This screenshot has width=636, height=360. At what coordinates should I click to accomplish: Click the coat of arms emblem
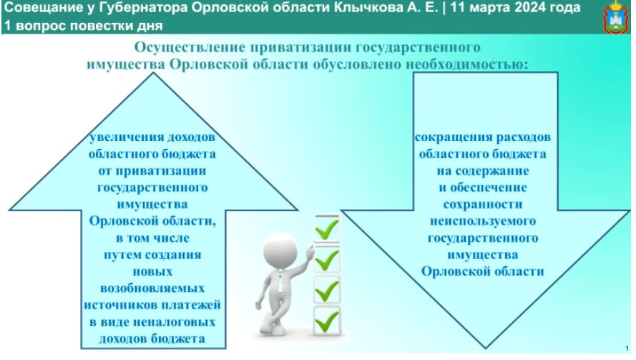(x=616, y=17)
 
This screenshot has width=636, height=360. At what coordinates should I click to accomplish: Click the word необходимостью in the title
(x=467, y=64)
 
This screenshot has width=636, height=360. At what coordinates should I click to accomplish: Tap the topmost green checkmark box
(x=327, y=228)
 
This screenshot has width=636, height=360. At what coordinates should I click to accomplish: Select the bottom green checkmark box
(x=327, y=321)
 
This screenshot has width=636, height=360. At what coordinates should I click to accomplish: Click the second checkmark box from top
(x=327, y=259)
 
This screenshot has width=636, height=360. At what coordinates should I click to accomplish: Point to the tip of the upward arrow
(x=153, y=73)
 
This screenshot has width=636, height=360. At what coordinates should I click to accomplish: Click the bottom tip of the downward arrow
(x=485, y=348)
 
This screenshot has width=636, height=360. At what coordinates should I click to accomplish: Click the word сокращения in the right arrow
(x=447, y=137)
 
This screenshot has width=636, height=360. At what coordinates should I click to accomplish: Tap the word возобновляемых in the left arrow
(x=152, y=288)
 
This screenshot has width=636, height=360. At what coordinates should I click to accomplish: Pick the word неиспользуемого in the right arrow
(x=483, y=221)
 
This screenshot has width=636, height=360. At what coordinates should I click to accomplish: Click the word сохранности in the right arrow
(x=483, y=204)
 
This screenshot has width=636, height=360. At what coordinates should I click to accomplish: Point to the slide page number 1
(x=627, y=349)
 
